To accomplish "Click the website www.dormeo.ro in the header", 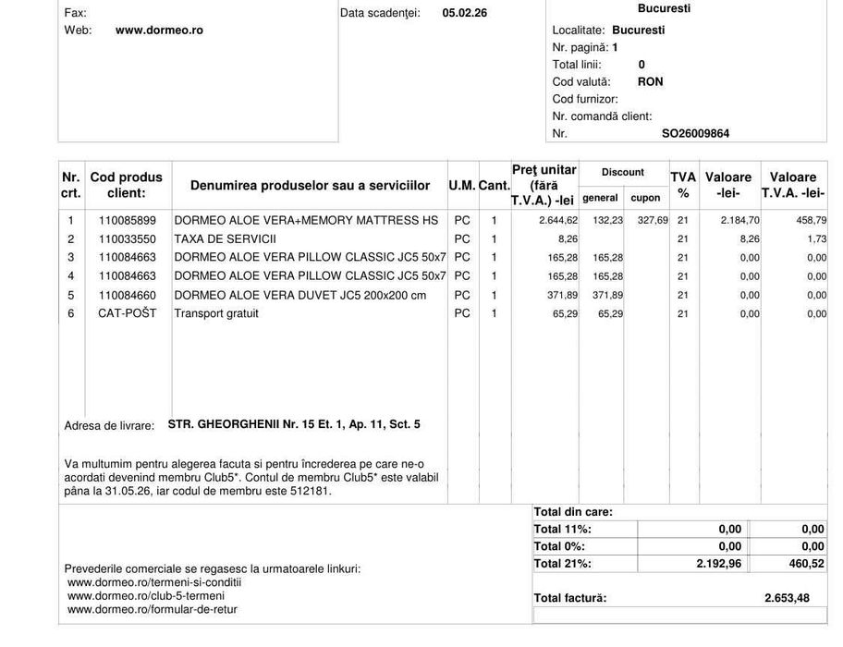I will (159, 31).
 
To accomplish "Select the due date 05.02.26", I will (464, 13).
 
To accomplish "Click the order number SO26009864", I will (695, 134).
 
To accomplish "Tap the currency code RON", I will (650, 81).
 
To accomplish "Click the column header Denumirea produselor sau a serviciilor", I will (310, 186).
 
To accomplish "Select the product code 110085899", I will (128, 221).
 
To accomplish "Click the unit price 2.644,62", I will (558, 221).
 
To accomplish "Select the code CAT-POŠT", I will (128, 313).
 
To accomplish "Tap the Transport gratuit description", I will (216, 313).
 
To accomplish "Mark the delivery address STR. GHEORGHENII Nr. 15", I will (294, 424).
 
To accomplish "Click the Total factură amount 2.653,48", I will (787, 598).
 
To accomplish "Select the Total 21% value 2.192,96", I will (718, 564).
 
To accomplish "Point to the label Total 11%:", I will (563, 530).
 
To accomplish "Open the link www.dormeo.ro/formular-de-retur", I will (153, 609).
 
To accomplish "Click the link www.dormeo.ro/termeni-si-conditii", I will (154, 582).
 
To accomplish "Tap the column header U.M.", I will (461, 186).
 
